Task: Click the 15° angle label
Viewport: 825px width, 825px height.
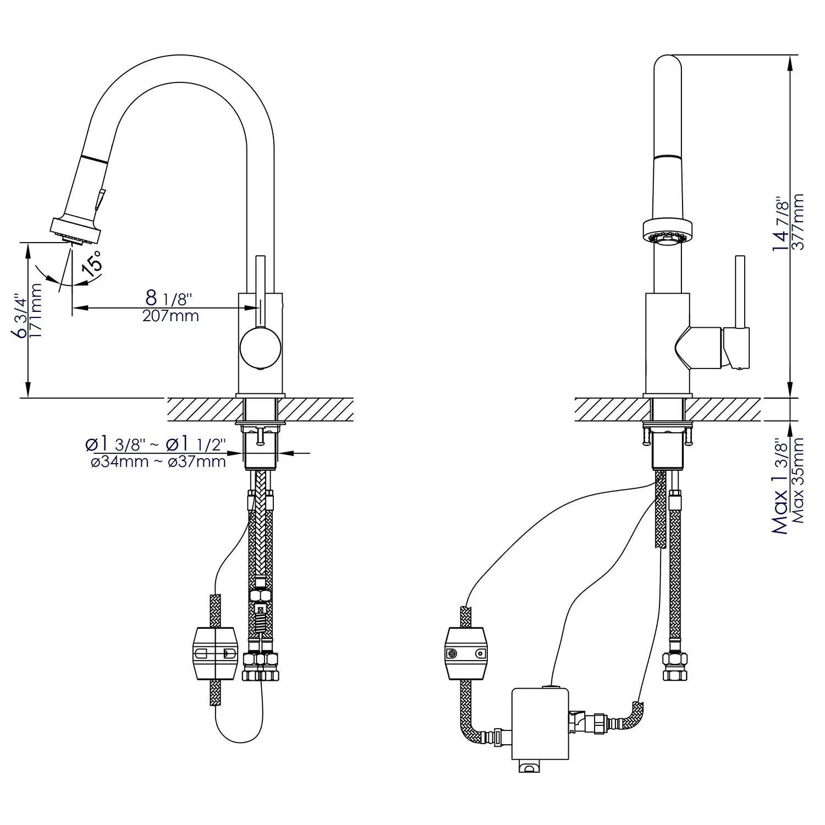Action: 92,262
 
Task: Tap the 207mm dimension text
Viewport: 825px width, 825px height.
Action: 170,316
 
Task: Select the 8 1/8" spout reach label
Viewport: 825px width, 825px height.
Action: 168,299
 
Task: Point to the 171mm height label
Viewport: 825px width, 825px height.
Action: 36,310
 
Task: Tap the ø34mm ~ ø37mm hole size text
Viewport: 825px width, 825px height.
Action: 158,461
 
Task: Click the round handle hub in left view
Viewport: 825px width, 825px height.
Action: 260,348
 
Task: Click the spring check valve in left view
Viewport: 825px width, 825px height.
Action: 260,619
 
